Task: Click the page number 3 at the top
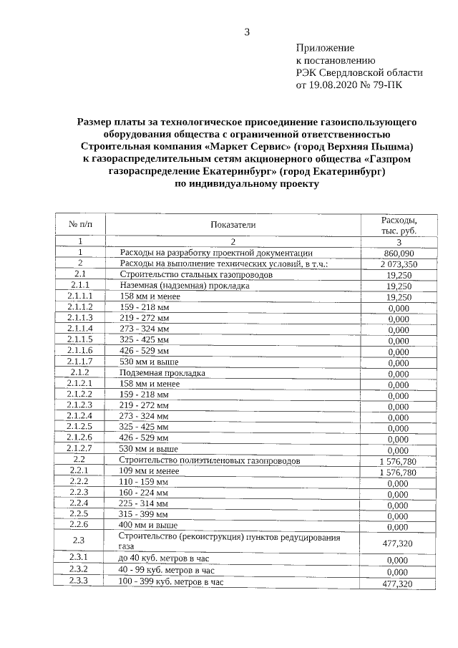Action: point(247,32)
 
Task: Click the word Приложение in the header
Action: point(325,47)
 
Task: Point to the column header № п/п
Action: point(80,225)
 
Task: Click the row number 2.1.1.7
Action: point(80,362)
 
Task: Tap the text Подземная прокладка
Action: point(162,373)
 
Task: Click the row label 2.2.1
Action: point(80,470)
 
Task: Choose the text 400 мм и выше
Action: point(149,524)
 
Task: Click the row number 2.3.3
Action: point(80,581)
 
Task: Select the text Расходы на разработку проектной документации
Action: point(216,253)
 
